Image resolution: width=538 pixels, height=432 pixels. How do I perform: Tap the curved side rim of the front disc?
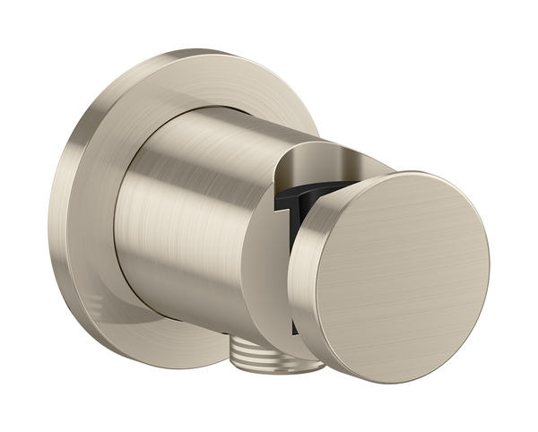tap(309, 269)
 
